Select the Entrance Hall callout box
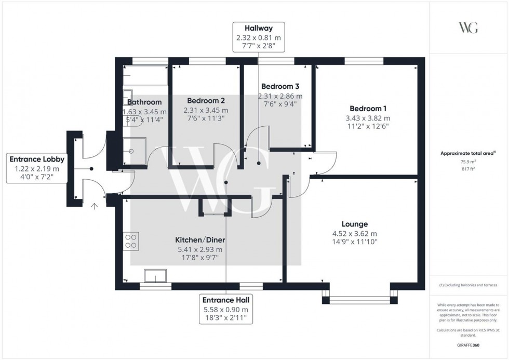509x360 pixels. pyautogui.click(x=226, y=309)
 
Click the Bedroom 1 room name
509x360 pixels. pyautogui.click(x=368, y=109)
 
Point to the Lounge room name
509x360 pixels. pyautogui.click(x=355, y=224)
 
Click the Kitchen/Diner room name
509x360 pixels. pyautogui.click(x=200, y=241)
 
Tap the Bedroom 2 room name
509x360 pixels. pyautogui.click(x=206, y=101)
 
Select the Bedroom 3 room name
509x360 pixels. pyautogui.click(x=280, y=86)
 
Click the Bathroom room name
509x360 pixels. pyautogui.click(x=144, y=102)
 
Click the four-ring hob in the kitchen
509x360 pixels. pyautogui.click(x=131, y=241)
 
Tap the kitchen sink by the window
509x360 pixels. pyautogui.click(x=155, y=276)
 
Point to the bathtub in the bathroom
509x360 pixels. pyautogui.click(x=145, y=76)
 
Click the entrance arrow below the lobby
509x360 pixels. pyautogui.click(x=94, y=206)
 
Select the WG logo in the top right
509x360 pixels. pyautogui.click(x=468, y=28)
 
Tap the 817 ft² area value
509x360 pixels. pyautogui.click(x=468, y=169)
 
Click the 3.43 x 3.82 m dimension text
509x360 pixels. pyautogui.click(x=368, y=118)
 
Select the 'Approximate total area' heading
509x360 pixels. pyautogui.click(x=467, y=153)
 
